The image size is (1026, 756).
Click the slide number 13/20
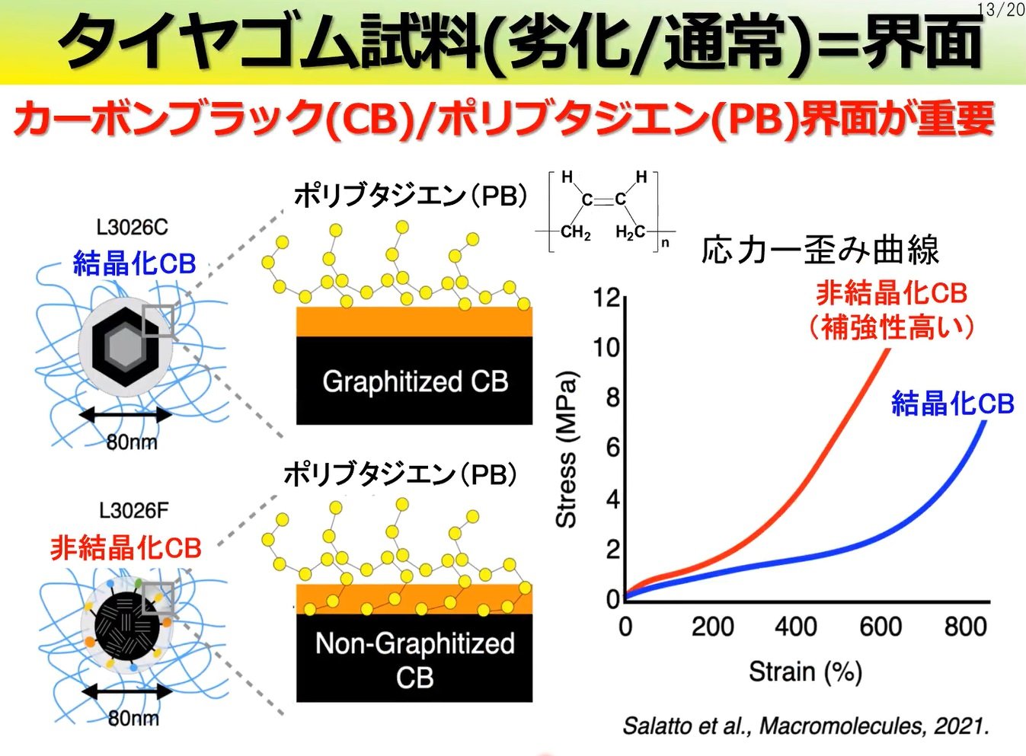click(1000, 9)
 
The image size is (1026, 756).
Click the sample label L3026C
click(132, 227)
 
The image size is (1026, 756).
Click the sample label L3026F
click(133, 510)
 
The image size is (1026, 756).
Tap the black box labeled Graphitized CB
click(414, 381)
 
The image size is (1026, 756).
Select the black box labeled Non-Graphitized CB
click(414, 659)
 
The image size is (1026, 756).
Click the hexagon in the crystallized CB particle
click(121, 347)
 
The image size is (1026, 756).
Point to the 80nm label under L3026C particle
click(131, 442)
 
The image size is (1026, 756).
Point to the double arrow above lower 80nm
click(126, 691)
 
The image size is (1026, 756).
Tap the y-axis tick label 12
click(606, 298)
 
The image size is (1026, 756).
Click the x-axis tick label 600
click(880, 627)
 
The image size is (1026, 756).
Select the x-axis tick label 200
click(712, 627)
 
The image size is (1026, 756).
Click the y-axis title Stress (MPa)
click(566, 449)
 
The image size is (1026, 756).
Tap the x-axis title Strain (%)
click(804, 671)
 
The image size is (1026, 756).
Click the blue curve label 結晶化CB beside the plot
click(952, 403)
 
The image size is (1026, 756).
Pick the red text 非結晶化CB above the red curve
click(891, 293)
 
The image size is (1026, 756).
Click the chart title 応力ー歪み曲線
click(820, 250)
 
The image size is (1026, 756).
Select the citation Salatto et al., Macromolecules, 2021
click(805, 726)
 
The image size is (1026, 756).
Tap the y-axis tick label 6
click(612, 448)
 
